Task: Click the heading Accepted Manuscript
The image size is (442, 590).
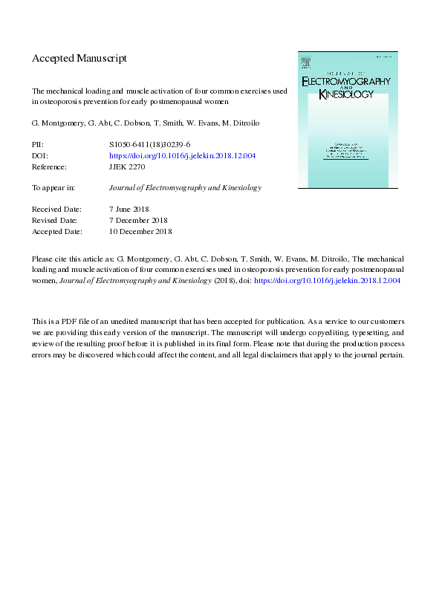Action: point(79,58)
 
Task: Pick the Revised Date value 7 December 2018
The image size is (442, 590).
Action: point(138,221)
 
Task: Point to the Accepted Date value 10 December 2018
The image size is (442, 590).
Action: point(140,231)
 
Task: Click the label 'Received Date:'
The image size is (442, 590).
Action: point(56,210)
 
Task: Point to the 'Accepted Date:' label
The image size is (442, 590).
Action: point(57,231)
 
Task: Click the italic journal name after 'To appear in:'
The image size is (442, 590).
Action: point(185,189)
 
